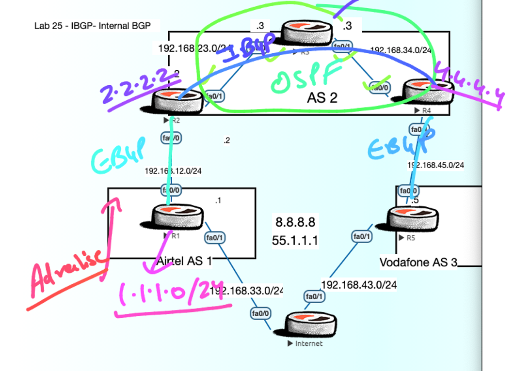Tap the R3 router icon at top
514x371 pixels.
pyautogui.click(x=307, y=33)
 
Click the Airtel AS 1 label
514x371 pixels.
pyautogui.click(x=184, y=261)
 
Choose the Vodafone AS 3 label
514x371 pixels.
pyautogui.click(x=418, y=262)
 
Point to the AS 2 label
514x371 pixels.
pyautogui.click(x=322, y=98)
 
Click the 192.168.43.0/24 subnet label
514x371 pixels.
pyautogui.click(x=358, y=284)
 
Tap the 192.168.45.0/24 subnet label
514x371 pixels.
pyautogui.click(x=435, y=165)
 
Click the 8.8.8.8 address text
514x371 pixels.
pyautogui.click(x=295, y=222)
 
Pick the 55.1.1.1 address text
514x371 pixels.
pyautogui.click(x=295, y=240)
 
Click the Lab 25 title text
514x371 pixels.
pyautogui.click(x=96, y=26)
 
